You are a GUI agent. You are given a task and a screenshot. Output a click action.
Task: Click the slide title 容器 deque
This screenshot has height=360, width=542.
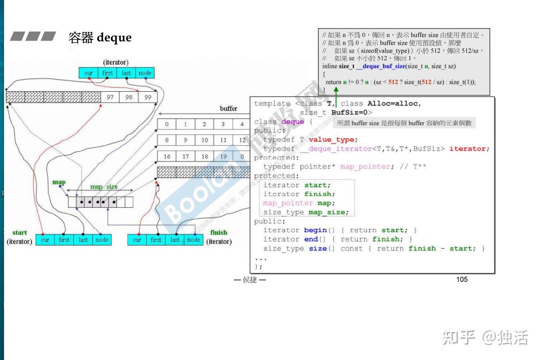[x=100, y=37]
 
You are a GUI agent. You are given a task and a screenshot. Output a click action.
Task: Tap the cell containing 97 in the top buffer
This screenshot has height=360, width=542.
[x=110, y=97]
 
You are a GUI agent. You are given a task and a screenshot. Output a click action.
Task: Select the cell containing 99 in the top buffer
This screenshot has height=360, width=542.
[x=148, y=97]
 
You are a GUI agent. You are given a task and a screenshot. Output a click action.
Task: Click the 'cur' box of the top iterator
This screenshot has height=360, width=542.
[x=89, y=73]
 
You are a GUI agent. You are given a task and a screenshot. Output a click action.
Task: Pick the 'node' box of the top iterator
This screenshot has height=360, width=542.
[x=145, y=73]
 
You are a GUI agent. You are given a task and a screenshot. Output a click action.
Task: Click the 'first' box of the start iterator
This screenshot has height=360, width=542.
[x=64, y=240]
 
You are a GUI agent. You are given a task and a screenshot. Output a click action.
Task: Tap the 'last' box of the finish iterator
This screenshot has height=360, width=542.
[x=175, y=240]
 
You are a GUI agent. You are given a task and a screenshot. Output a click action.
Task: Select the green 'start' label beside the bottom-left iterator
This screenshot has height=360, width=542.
[x=19, y=232]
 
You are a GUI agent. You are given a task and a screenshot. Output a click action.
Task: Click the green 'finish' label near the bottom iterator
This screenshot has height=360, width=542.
[x=219, y=232]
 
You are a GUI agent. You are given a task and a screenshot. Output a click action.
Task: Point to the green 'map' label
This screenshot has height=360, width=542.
[x=59, y=182]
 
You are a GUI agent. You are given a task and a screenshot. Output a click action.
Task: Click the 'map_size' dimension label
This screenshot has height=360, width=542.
[x=104, y=186]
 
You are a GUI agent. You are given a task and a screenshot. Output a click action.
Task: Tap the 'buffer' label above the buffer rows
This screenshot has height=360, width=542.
[x=228, y=109]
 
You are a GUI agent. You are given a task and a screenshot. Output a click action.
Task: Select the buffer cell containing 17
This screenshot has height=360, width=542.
[x=185, y=156]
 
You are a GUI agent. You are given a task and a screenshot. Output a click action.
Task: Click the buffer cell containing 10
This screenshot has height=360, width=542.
[x=204, y=140]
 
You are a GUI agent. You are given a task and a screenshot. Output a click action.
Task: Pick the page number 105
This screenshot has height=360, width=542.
[x=461, y=279]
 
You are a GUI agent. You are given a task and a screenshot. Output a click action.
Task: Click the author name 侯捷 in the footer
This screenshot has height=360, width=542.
[x=250, y=280]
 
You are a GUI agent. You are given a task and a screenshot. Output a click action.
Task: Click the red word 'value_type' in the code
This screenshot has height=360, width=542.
[x=333, y=140]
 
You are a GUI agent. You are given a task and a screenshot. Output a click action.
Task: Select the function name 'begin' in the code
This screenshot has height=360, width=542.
[x=315, y=230]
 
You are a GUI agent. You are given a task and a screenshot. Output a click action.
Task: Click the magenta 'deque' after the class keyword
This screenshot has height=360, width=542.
[x=293, y=122]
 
